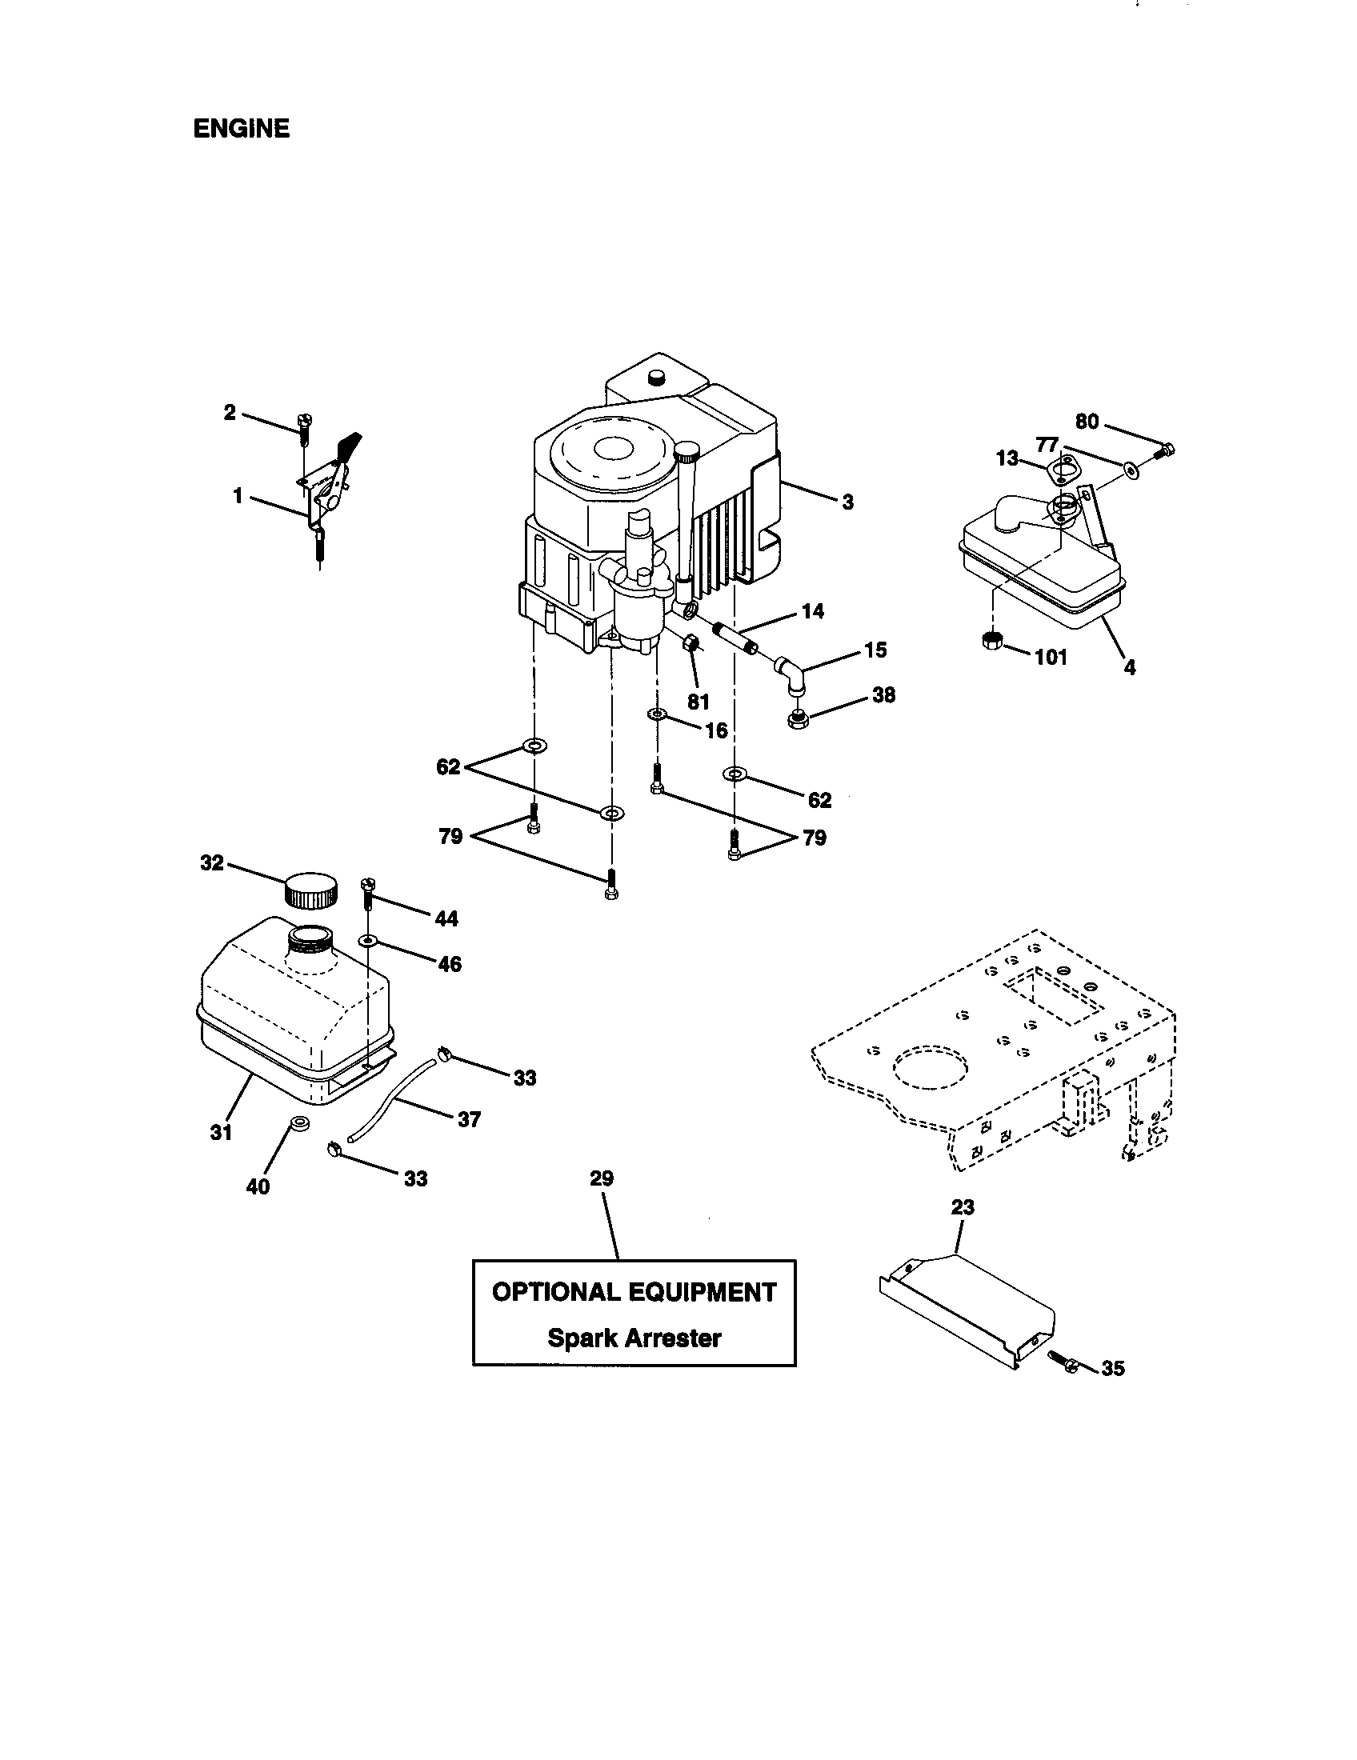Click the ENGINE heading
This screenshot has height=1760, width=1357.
pyautogui.click(x=241, y=129)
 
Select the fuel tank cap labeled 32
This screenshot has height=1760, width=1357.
pyautogui.click(x=310, y=890)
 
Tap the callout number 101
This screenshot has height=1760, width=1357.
pyautogui.click(x=1051, y=657)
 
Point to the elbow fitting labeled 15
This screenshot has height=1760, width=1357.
pyautogui.click(x=790, y=674)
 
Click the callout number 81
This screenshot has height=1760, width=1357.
pyautogui.click(x=698, y=702)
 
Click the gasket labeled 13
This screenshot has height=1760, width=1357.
pyautogui.click(x=1057, y=471)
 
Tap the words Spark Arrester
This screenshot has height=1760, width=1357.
pyautogui.click(x=634, y=1338)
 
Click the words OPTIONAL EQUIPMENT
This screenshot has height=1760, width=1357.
pyautogui.click(x=634, y=1293)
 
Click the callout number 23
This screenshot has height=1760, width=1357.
pyautogui.click(x=963, y=1207)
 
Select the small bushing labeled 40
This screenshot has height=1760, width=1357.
pyautogui.click(x=299, y=1122)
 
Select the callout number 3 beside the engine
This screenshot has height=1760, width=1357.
pyautogui.click(x=847, y=503)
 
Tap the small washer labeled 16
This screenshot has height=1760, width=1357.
pyautogui.click(x=656, y=714)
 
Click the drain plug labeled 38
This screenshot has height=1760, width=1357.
pyautogui.click(x=798, y=716)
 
